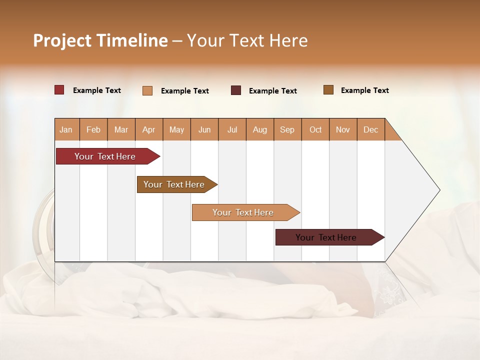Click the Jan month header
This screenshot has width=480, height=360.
pos(66,129)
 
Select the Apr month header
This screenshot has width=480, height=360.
pos(149,129)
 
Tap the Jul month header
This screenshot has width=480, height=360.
pos(232,129)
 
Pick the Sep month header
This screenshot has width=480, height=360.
pos(287,129)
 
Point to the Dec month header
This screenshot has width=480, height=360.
pos(370,129)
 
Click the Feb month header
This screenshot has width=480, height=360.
pos(93,129)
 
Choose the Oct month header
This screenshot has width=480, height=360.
pos(315,129)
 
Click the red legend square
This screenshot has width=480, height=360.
pos(59,90)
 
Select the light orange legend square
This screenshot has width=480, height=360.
pos(147,90)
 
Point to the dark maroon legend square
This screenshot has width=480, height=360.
pos(236,90)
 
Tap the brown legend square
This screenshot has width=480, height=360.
pos(328,90)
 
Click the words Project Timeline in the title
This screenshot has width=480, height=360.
pos(100,40)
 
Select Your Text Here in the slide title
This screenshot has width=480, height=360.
pos(247,40)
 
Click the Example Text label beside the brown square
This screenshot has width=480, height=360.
pos(364,90)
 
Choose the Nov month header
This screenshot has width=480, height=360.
pos(343,129)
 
